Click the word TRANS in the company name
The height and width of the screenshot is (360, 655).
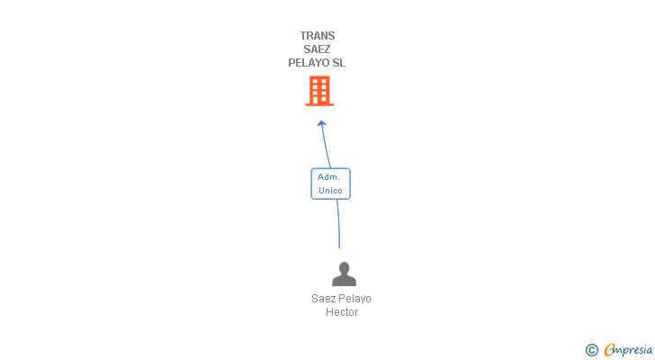tap(318, 36)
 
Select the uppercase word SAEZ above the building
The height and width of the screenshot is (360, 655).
tap(318, 49)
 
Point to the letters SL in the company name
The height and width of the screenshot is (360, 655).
tap(338, 63)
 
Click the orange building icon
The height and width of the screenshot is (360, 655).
tap(319, 90)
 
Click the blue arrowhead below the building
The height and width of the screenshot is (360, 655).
tap(321, 123)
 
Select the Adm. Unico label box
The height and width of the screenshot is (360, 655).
tap(330, 184)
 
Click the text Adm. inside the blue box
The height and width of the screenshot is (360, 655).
tap(328, 177)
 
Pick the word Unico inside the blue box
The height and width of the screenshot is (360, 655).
tap(330, 191)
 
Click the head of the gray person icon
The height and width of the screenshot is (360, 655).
tap(344, 268)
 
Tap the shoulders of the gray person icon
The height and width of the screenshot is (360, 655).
tap(344, 281)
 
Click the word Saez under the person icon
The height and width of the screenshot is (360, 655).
tap(324, 299)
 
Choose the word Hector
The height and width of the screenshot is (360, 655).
tap(342, 312)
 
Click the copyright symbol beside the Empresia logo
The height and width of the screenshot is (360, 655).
tap(592, 350)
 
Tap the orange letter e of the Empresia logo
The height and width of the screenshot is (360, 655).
tap(609, 350)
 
